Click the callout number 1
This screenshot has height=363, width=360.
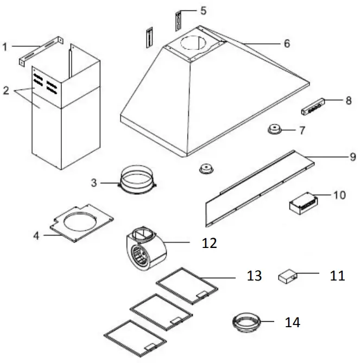click(5, 47)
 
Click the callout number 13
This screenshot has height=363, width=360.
click(255, 276)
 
